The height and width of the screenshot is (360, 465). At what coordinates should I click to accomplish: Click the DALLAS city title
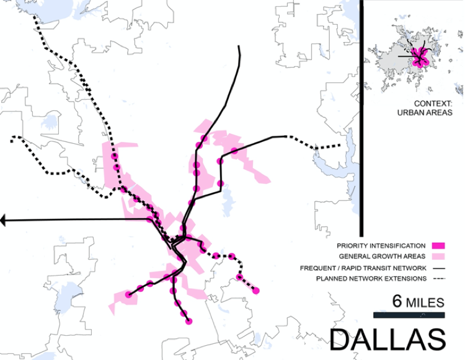387,340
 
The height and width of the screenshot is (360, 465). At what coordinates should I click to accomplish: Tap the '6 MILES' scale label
418,302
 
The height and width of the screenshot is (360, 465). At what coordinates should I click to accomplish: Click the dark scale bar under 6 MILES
409,315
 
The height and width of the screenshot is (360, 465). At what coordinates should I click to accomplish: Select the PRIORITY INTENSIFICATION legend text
381,245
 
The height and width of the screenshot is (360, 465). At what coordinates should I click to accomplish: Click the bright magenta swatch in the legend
440,245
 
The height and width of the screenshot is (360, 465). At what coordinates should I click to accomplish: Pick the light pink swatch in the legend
440,257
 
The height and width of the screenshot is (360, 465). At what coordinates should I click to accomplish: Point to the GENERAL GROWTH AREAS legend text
382,257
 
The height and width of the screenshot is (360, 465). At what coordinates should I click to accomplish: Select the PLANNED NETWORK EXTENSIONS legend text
371,279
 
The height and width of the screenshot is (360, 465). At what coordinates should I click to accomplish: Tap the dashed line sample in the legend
440,279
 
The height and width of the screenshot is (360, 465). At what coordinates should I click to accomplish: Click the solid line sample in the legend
440,268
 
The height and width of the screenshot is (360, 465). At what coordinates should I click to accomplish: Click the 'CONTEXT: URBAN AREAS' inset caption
429,108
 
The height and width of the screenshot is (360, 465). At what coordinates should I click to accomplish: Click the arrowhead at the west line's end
4,220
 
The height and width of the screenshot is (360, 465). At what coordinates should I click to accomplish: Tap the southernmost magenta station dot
189,321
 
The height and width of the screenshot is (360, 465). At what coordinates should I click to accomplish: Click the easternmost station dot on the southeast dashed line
255,290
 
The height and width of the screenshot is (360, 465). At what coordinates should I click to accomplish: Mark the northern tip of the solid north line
239,47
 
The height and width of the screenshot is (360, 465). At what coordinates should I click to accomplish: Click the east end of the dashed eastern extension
340,146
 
